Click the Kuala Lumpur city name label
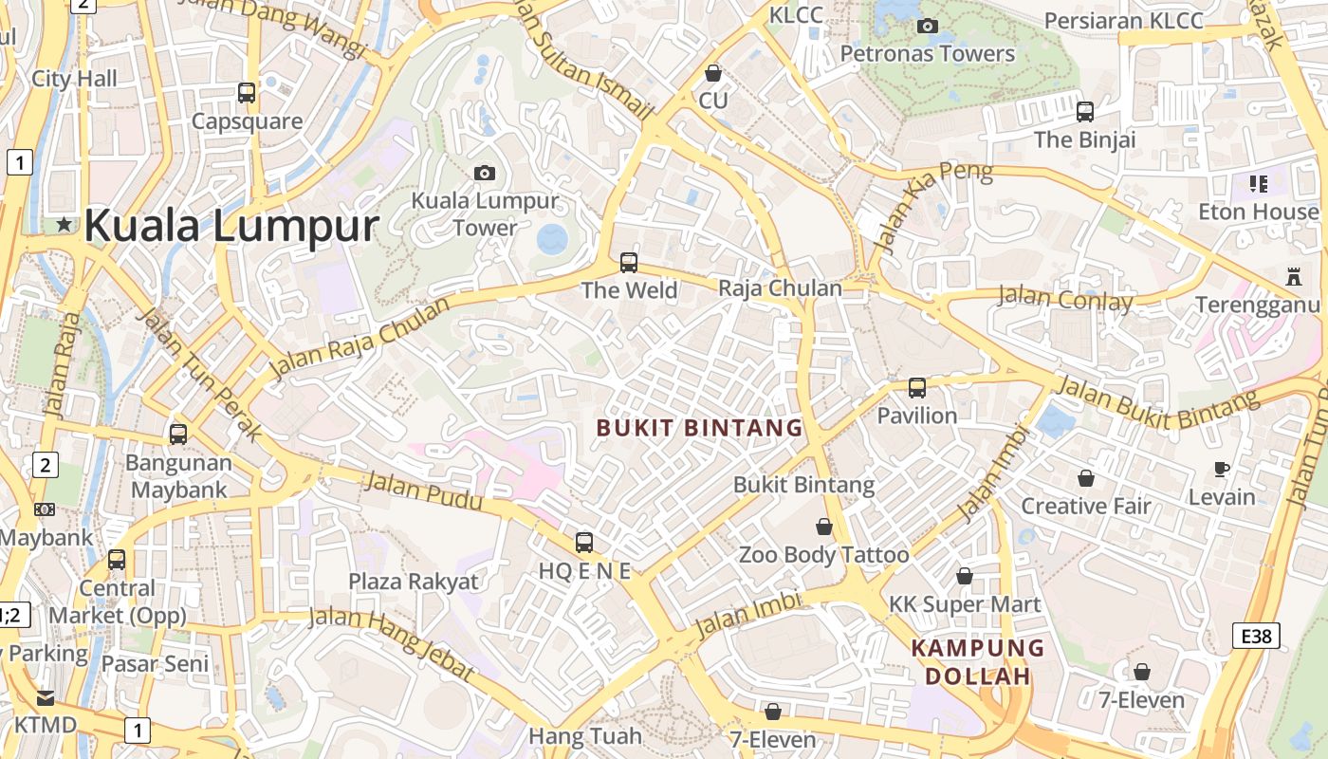[231, 227]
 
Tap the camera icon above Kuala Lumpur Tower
[485, 173]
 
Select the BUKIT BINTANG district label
[700, 428]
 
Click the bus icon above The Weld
[628, 262]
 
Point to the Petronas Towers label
[928, 54]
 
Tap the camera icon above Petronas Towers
[928, 26]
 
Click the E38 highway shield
[1257, 636]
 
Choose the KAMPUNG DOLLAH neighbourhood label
[978, 662]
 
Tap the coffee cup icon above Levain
[1222, 469]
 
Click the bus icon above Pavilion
[916, 387]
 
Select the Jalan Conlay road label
[1065, 300]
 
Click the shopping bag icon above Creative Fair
[1085, 478]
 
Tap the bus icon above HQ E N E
[584, 543]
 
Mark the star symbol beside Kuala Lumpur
[64, 225]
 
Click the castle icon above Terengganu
[1292, 277]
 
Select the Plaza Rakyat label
[414, 582]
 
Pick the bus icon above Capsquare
[247, 93]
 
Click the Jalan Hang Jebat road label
[391, 641]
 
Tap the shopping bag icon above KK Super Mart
[965, 576]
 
